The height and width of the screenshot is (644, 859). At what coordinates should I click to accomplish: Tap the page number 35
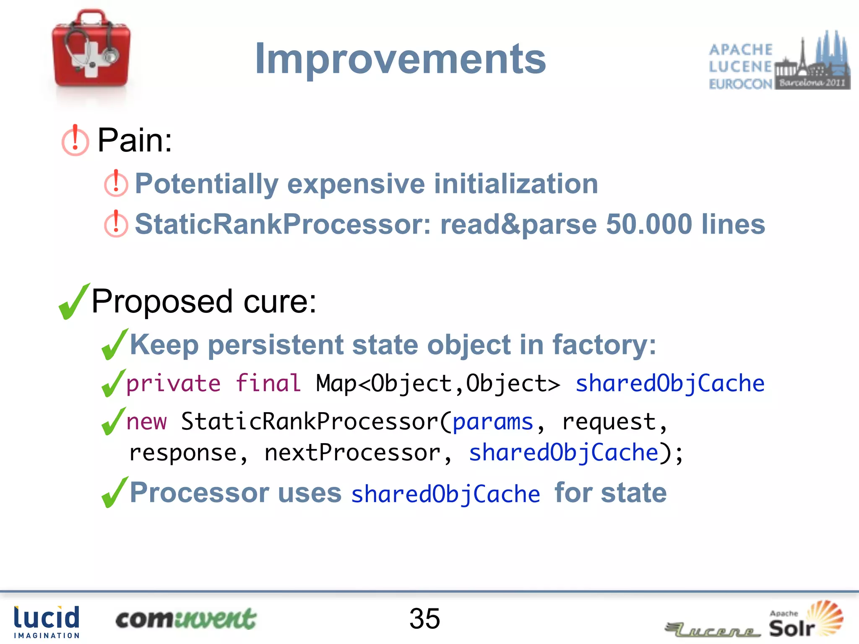[x=424, y=618]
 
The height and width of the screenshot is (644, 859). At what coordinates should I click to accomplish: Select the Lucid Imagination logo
[x=47, y=622]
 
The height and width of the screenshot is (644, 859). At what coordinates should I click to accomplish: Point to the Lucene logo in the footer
[x=713, y=629]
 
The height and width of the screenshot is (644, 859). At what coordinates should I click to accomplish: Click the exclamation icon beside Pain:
[x=75, y=140]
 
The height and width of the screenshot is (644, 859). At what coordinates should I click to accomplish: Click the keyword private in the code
[x=173, y=383]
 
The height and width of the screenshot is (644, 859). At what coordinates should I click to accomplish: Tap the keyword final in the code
[x=268, y=383]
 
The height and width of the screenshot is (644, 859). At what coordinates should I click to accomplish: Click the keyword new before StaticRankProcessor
[x=146, y=421]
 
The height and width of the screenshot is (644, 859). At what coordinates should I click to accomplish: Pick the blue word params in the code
[x=492, y=421]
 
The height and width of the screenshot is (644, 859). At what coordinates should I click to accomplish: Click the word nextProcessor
[x=352, y=453]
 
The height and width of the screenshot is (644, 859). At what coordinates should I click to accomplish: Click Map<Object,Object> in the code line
[x=437, y=383]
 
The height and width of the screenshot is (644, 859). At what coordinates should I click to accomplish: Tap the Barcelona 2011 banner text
[x=812, y=83]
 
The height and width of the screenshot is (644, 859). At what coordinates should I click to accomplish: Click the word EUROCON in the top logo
[x=740, y=84]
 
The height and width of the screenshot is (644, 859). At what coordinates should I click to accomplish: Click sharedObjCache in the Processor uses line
[x=445, y=494]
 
